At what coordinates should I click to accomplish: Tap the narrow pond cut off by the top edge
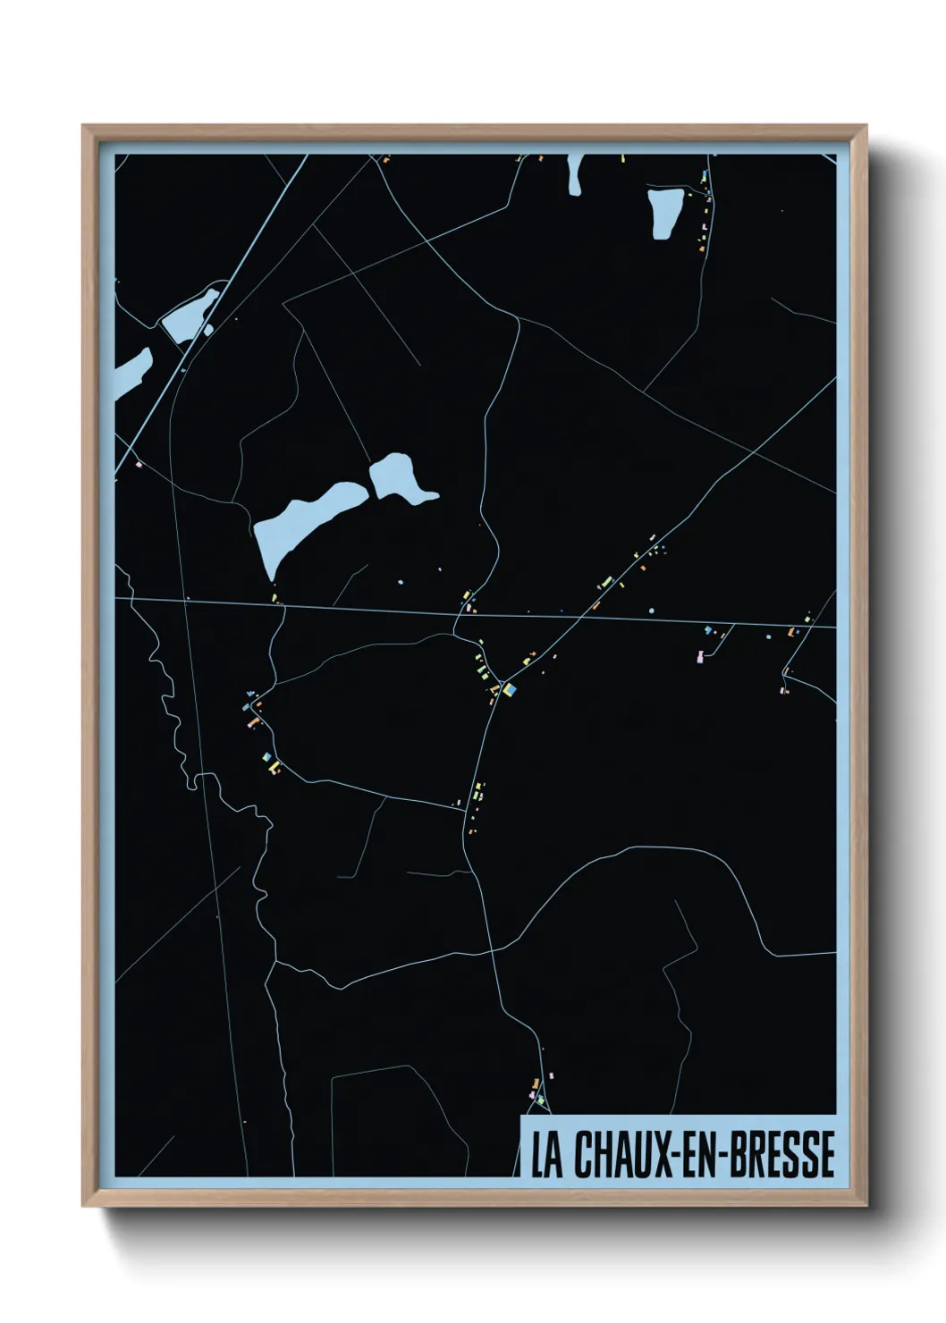574,173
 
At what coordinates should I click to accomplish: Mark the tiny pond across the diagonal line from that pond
209,330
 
